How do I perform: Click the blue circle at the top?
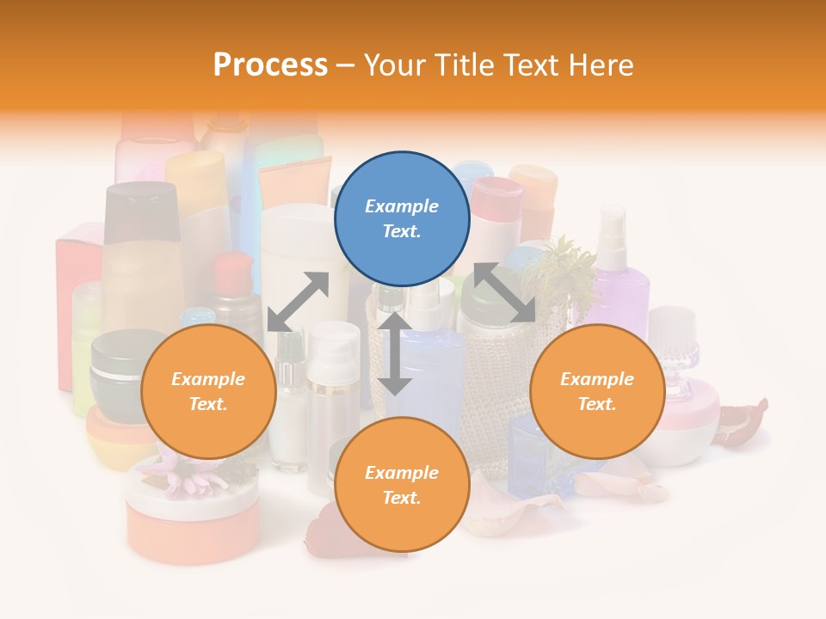click(402, 218)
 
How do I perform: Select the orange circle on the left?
click(208, 391)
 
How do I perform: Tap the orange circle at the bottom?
click(402, 485)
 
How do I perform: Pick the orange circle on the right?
click(597, 391)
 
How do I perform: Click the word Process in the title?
click(270, 65)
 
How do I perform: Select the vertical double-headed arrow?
click(395, 353)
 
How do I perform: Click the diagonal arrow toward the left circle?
click(298, 302)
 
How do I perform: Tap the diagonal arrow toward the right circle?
click(503, 293)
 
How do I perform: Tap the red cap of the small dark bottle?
click(231, 272)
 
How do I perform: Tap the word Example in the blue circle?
click(402, 206)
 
